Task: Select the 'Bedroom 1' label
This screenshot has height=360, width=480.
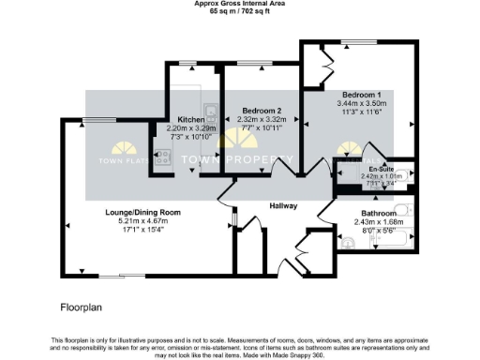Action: [361, 95]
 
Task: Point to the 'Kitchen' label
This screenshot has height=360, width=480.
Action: [191, 120]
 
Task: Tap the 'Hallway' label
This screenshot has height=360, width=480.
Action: [283, 206]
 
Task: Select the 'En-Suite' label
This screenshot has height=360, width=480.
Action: [381, 166]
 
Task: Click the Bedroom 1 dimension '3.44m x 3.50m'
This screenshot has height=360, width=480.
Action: [361, 103]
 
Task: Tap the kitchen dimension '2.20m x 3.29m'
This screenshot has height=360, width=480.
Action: [191, 128]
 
